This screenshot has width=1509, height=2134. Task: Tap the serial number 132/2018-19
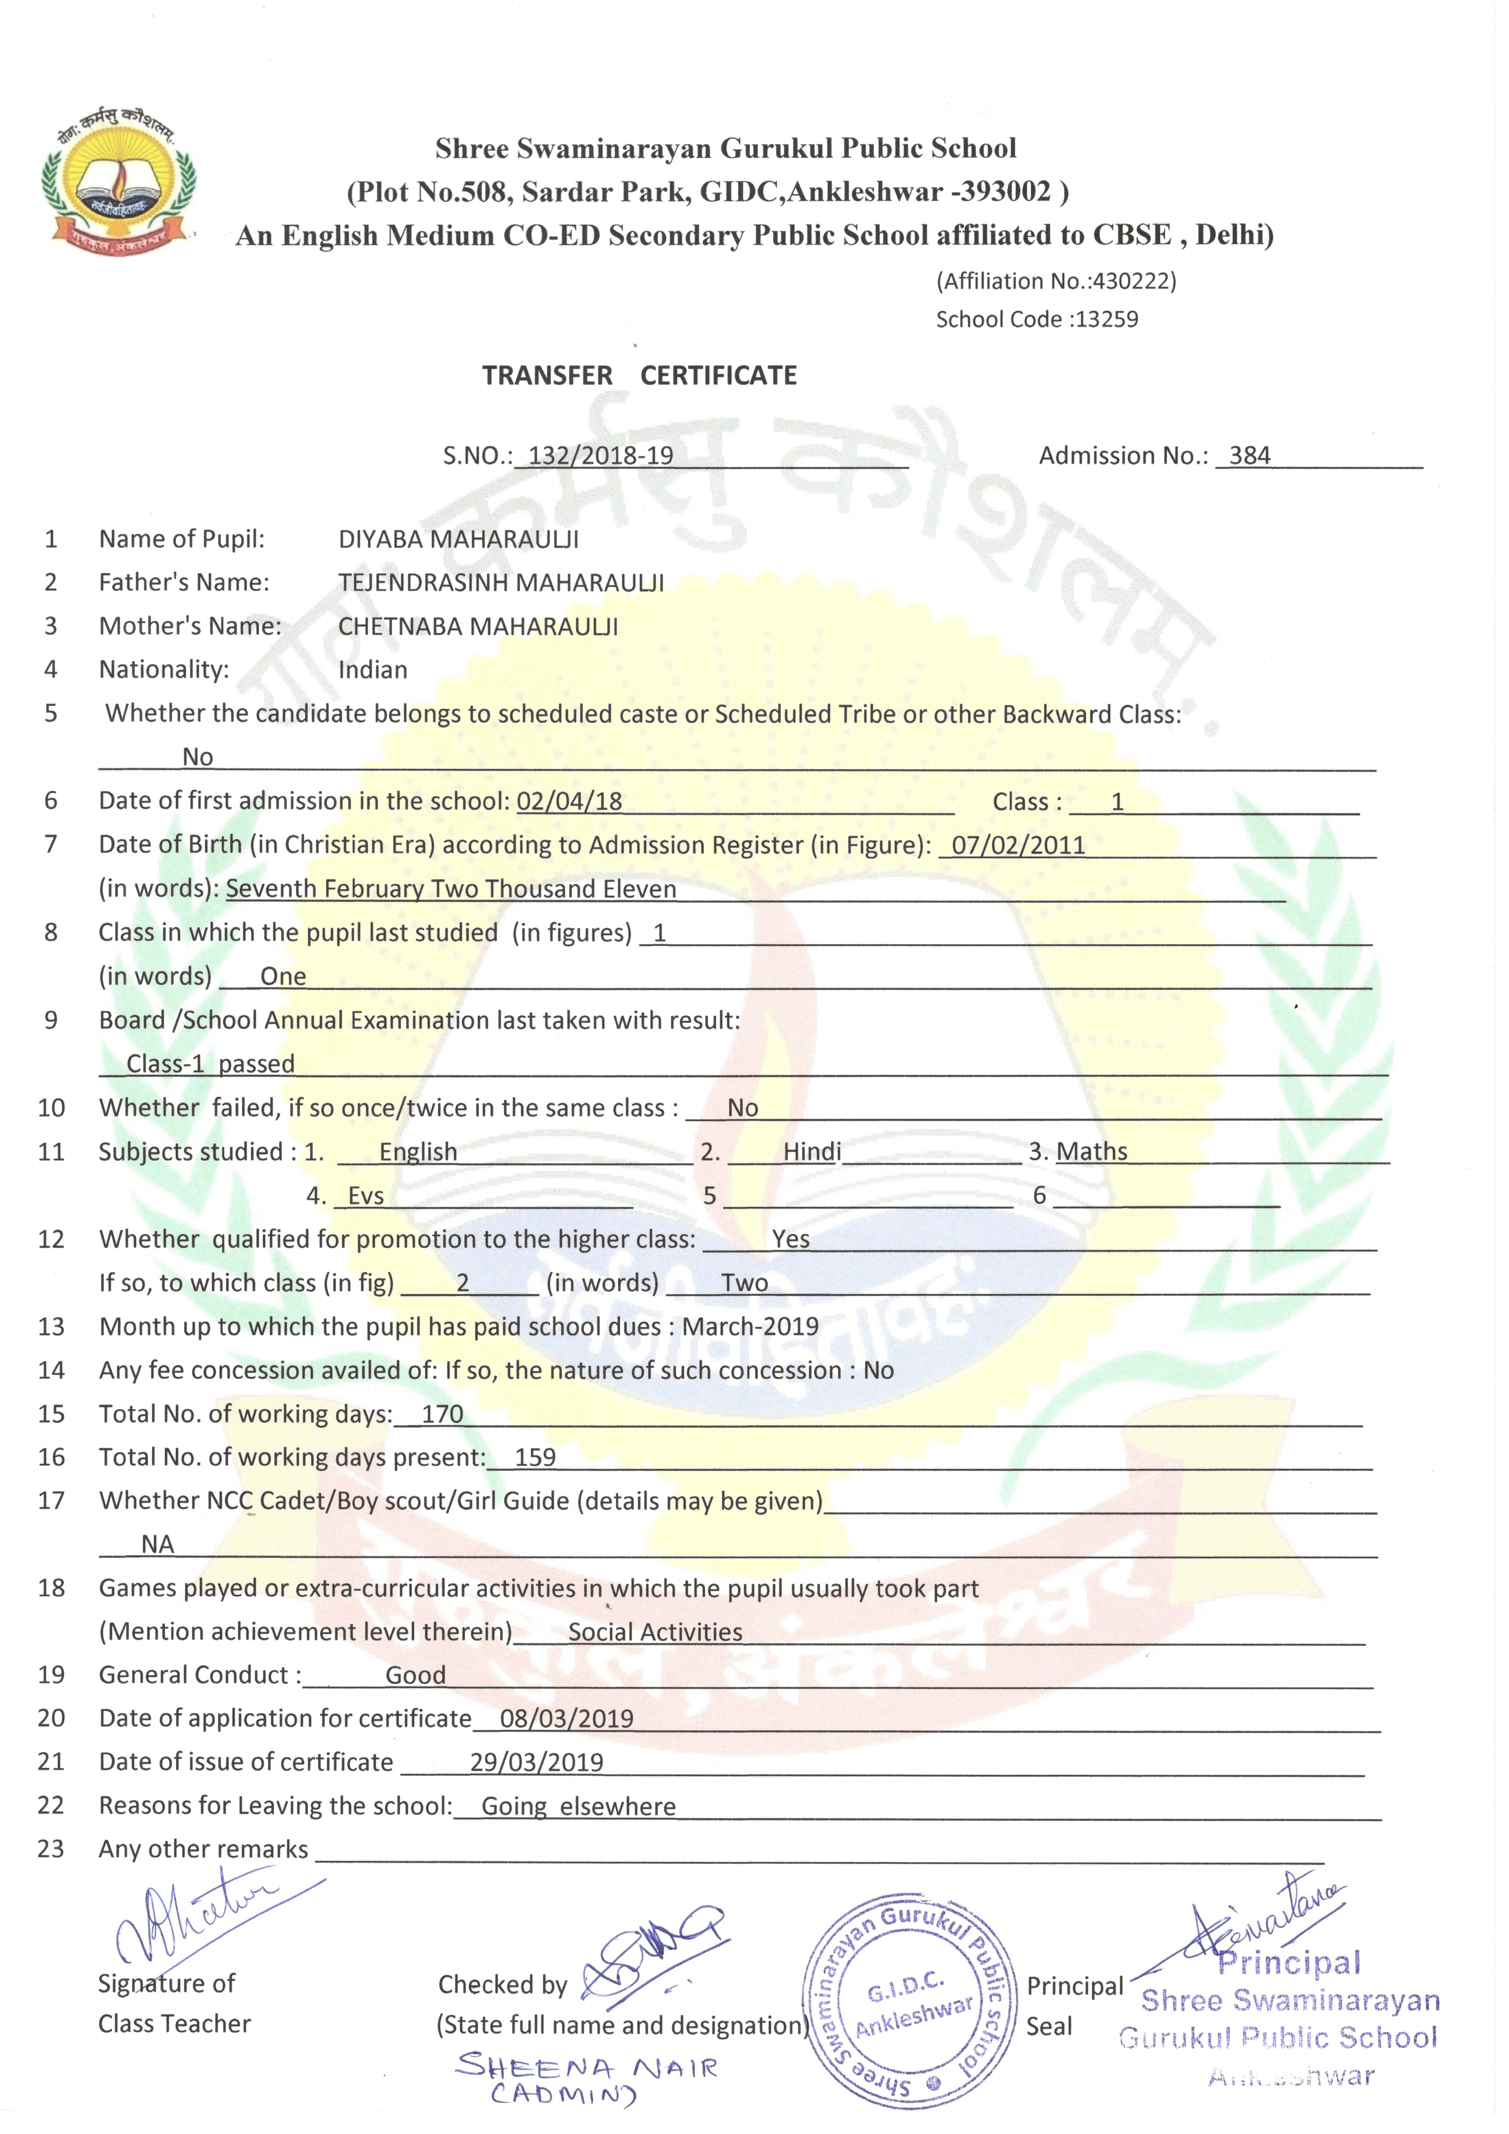pyautogui.click(x=600, y=455)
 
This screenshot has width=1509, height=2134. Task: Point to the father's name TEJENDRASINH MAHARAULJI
pyautogui.click(x=501, y=583)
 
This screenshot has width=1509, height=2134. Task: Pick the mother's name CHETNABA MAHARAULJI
pyautogui.click(x=477, y=626)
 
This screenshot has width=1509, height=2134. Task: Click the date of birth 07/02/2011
pyautogui.click(x=1018, y=845)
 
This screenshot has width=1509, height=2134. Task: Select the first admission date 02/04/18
pyautogui.click(x=569, y=801)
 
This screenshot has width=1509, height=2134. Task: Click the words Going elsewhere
pyautogui.click(x=578, y=1806)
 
